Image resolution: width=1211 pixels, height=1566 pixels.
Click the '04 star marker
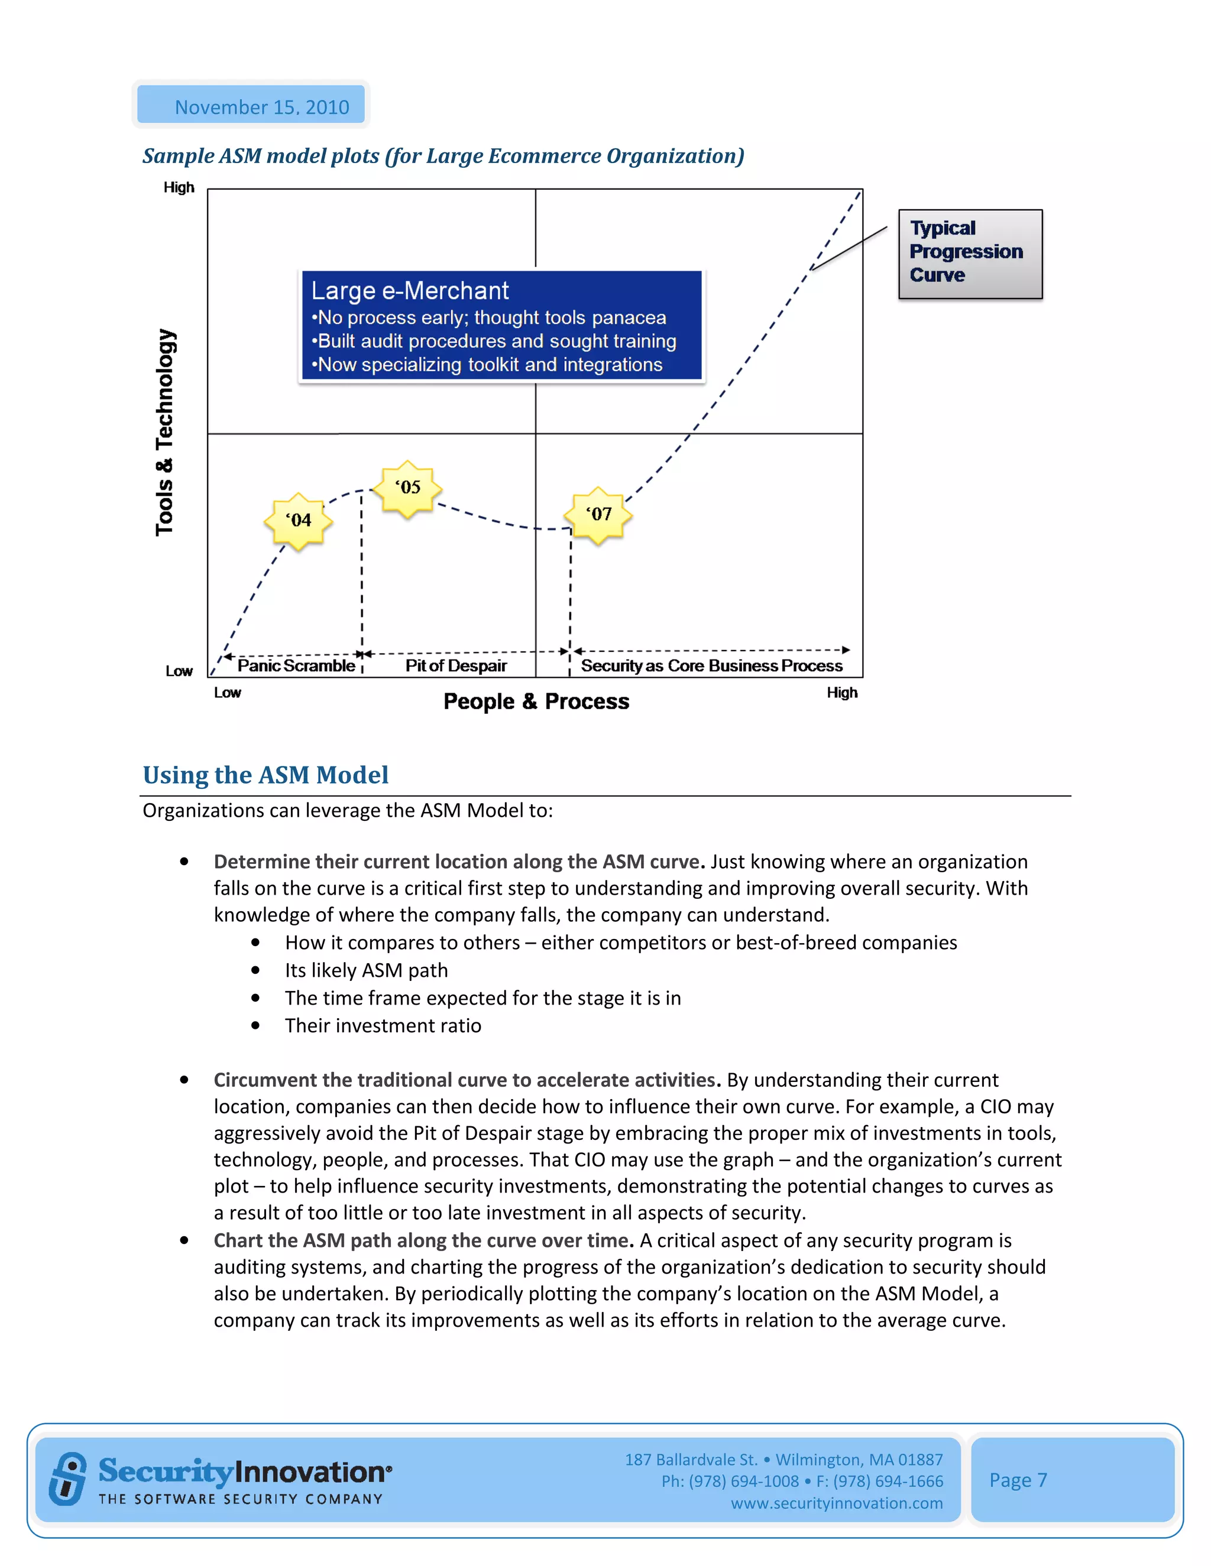tap(299, 521)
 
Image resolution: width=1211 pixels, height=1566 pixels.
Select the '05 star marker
tap(408, 488)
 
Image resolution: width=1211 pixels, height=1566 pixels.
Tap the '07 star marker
tap(598, 515)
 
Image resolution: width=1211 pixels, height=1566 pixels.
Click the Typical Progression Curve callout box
tap(969, 253)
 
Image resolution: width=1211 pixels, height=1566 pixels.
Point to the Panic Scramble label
tap(296, 665)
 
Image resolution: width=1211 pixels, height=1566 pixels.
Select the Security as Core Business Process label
tap(711, 665)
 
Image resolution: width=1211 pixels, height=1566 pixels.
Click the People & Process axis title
tap(536, 701)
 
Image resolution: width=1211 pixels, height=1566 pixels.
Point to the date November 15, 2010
tap(262, 107)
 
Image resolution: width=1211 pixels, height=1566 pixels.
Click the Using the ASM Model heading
tap(265, 775)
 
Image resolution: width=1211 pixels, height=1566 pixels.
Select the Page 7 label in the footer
tap(1018, 1480)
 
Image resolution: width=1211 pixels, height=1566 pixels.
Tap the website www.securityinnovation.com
tap(837, 1503)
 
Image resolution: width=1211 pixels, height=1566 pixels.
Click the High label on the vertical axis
tap(179, 188)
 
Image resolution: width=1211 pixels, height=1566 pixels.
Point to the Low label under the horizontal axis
tap(228, 693)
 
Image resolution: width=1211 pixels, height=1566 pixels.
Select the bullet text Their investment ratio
tap(383, 1025)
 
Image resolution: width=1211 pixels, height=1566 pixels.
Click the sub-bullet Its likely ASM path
tap(366, 970)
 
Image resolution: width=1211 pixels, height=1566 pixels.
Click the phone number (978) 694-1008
tap(743, 1481)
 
